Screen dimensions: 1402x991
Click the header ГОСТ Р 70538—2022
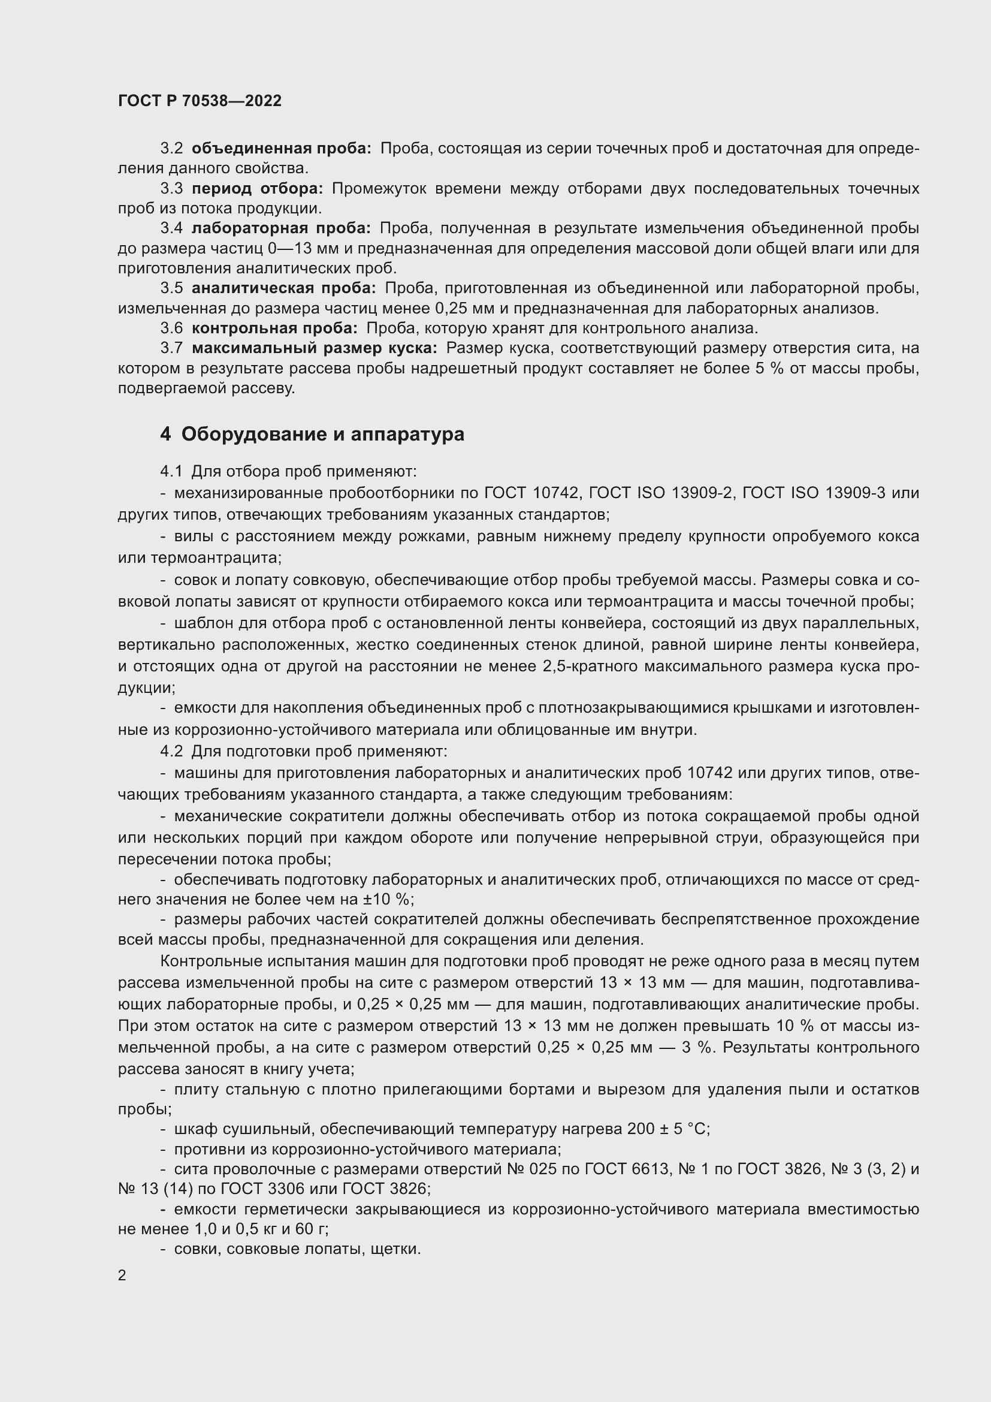click(x=200, y=101)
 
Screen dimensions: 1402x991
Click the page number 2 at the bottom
click(x=122, y=1275)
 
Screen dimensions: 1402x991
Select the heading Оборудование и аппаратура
click(x=322, y=434)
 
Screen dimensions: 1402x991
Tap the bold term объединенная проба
click(x=280, y=149)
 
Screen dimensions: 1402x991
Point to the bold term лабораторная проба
click(x=280, y=228)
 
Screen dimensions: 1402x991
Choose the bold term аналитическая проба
click(x=283, y=288)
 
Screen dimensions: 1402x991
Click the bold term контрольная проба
click(x=274, y=328)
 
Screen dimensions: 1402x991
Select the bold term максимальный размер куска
click(x=315, y=348)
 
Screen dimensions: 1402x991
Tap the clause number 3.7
click(x=171, y=348)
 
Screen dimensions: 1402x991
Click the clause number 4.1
click(x=171, y=471)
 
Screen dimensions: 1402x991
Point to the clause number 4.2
click(x=171, y=751)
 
